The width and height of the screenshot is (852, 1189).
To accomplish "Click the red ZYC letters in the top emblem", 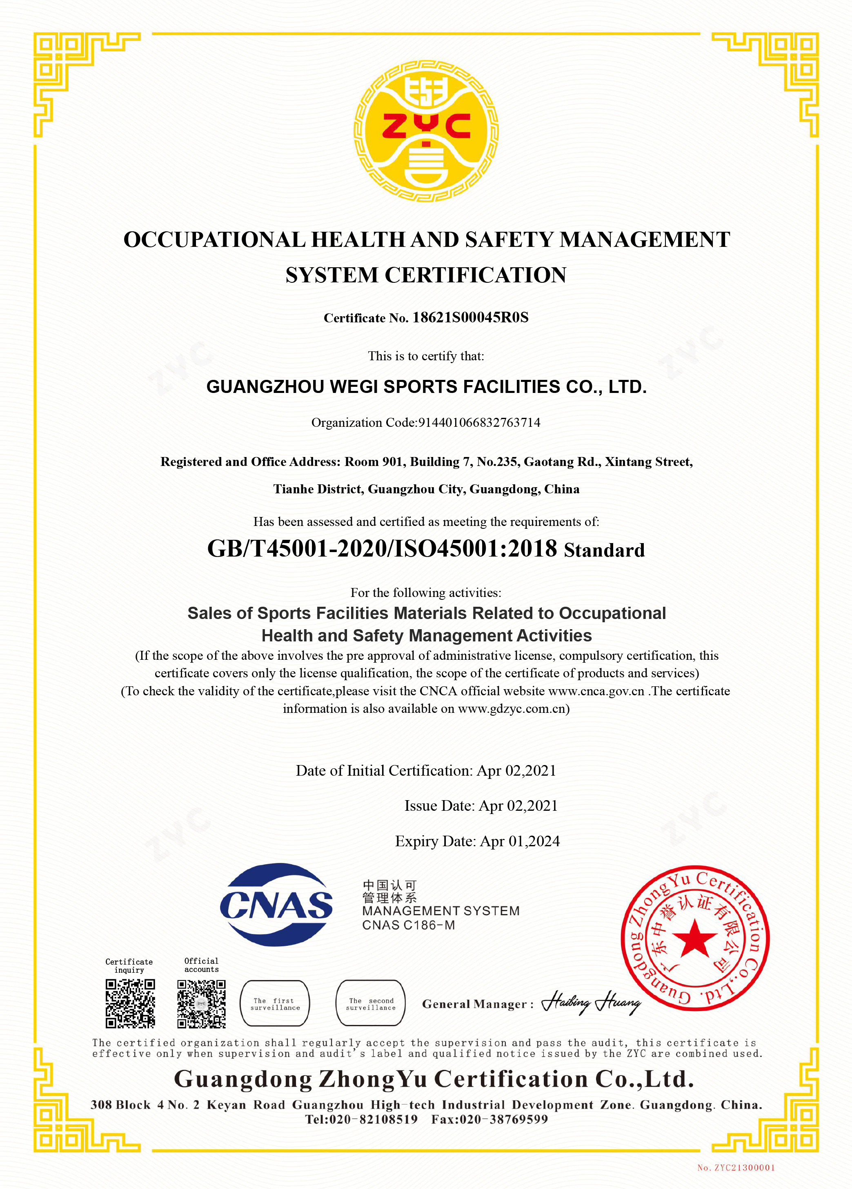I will (426, 126).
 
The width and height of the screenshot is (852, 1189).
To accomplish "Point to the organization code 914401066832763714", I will (479, 423).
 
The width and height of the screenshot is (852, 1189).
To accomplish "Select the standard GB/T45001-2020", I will (296, 549).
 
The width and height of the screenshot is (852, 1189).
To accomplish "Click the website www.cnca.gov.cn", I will (596, 691).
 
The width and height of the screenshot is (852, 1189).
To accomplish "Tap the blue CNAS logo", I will (276, 905).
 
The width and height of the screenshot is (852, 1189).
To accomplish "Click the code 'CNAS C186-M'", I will (408, 925).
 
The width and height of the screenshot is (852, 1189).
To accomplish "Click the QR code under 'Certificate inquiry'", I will (130, 1004).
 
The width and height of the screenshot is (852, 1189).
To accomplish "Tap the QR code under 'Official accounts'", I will (201, 1004).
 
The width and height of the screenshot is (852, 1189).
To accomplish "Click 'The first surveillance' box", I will (275, 1003).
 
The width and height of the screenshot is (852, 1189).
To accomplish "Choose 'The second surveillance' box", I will (370, 1003).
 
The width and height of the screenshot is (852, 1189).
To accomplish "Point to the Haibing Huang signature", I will (591, 1003).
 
